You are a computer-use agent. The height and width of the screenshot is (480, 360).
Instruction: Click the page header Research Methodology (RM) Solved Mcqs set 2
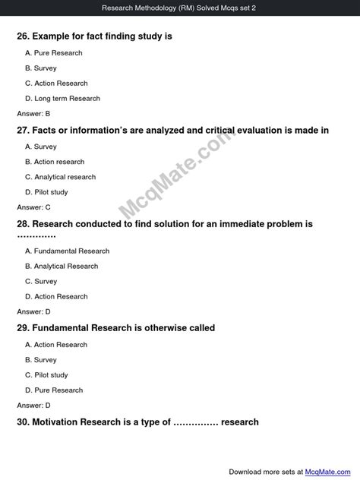tap(180, 8)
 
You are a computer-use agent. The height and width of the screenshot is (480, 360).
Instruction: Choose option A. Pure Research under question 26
tap(54, 53)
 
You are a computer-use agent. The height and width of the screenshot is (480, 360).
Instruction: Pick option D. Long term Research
tap(62, 99)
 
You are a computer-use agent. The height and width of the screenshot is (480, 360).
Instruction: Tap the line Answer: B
tap(33, 113)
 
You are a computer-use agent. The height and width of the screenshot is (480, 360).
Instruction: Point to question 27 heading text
tap(172, 130)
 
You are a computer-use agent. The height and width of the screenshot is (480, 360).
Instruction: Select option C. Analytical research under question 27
tap(61, 177)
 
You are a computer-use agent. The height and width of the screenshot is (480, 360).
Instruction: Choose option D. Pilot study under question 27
tap(46, 192)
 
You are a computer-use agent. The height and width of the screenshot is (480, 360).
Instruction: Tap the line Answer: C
tap(33, 207)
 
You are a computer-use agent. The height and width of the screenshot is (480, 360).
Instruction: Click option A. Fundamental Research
tap(68, 251)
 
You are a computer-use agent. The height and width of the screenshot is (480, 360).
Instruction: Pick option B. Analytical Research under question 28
tap(62, 266)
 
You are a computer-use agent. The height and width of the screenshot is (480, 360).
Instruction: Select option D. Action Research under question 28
tap(56, 296)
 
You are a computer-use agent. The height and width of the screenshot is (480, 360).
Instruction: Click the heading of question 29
tap(115, 328)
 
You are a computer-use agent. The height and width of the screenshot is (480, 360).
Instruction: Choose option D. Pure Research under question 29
tap(54, 390)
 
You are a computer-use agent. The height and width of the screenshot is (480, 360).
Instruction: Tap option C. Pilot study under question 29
tap(46, 374)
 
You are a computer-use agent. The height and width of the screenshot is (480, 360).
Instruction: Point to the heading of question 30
tap(137, 422)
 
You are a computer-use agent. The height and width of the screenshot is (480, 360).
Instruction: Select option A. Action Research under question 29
tap(56, 344)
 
